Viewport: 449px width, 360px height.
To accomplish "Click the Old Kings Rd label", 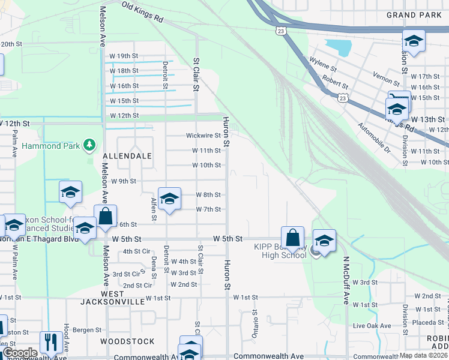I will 142,13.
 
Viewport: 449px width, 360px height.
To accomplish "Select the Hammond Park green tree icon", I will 89,145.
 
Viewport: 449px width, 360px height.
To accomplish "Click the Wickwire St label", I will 203,136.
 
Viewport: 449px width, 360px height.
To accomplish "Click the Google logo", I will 20,353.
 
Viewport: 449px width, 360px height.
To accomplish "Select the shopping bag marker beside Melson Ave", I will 105,217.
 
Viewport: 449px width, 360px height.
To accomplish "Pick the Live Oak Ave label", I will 372,326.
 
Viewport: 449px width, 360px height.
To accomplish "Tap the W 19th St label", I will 124,56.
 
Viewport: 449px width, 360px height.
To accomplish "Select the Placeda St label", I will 431,322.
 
